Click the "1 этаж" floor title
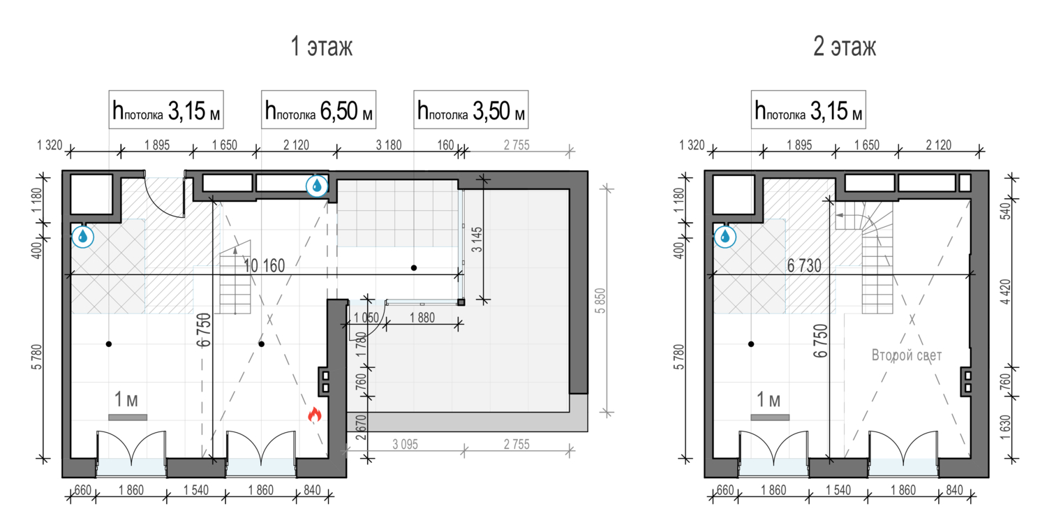322,47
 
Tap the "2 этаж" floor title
845,47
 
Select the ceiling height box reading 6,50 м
318,110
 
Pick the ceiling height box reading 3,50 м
470,110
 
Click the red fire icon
315,415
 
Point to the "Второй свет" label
906,355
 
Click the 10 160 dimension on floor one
264,266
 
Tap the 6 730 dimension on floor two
804,266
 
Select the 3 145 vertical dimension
477,239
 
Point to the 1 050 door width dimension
366,318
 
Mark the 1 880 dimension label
422,318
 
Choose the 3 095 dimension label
406,444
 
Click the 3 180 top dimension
389,145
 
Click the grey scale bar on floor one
128,418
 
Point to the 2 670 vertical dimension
361,427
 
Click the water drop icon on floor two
725,237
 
